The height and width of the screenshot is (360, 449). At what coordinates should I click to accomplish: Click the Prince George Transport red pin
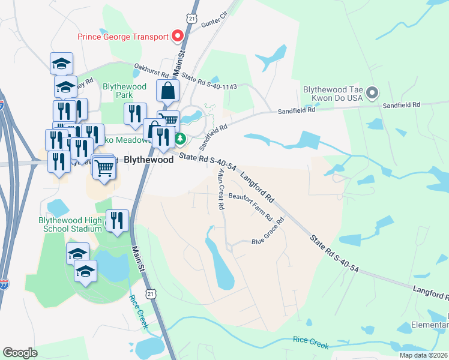178,37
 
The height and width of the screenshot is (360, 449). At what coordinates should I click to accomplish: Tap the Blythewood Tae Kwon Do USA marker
372,92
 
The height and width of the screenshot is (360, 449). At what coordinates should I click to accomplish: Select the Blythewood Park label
125,91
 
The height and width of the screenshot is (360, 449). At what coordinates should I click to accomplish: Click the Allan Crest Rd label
221,189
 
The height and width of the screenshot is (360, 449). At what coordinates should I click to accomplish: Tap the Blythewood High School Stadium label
70,224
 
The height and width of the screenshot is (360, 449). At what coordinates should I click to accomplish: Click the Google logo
20,353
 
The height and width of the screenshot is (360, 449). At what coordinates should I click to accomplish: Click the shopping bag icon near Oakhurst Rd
168,91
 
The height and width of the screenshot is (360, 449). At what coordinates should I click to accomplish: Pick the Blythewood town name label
149,160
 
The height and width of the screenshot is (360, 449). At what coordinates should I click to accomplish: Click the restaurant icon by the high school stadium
116,220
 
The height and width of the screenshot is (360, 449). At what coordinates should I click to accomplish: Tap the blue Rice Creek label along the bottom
311,341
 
